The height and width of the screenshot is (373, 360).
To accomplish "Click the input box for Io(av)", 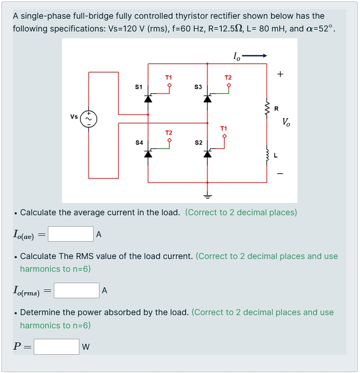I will (71, 234).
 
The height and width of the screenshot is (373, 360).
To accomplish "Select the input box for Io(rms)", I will (76, 290).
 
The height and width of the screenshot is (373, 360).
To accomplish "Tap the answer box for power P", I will (57, 347).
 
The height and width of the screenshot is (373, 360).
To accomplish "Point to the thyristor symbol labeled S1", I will (148, 98).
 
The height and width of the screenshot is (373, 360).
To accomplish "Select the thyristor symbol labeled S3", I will (208, 98).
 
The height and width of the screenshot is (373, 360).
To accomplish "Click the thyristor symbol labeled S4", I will (148, 154).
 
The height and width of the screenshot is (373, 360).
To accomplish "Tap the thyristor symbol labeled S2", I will (208, 154).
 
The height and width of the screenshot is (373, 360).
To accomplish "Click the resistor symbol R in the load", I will (267, 108).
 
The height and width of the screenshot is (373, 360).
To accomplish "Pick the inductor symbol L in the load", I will (267, 155).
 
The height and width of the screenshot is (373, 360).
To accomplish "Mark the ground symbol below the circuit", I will (208, 196).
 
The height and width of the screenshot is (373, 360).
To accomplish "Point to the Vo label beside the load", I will (286, 122).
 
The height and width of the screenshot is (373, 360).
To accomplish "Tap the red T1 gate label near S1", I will (169, 78).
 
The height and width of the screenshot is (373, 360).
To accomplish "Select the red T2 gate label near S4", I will (169, 132).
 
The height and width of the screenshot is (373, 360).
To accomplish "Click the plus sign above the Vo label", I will (280, 73).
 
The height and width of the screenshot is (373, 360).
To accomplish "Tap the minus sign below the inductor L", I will (280, 173).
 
